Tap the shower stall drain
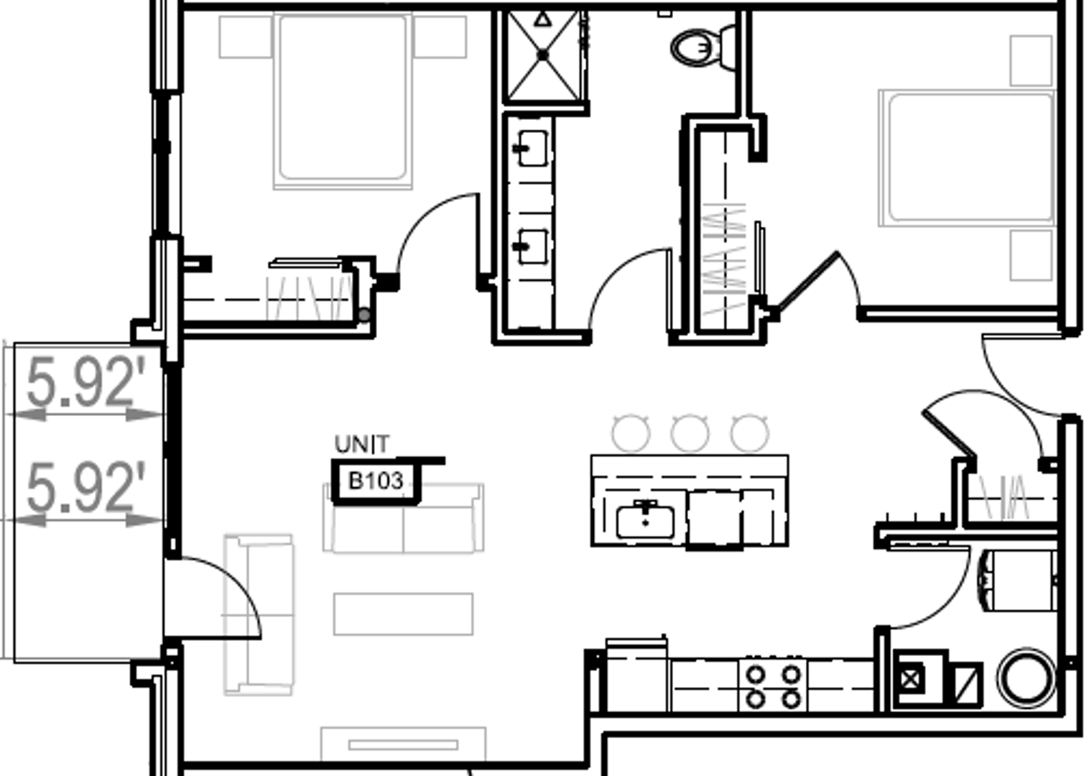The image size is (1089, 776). pyautogui.click(x=543, y=55)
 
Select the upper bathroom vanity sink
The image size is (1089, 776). pyautogui.click(x=532, y=148)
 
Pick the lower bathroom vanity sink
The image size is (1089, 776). pyautogui.click(x=532, y=246)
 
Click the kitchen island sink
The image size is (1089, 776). pyautogui.click(x=644, y=521)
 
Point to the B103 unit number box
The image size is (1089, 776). pyautogui.click(x=375, y=481)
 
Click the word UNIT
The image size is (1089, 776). pyautogui.click(x=362, y=445)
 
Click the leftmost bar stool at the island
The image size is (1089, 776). pyautogui.click(x=631, y=433)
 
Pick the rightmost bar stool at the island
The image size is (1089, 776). pyautogui.click(x=749, y=433)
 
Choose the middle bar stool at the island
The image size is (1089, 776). pyautogui.click(x=690, y=433)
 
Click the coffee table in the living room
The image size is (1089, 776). pyautogui.click(x=403, y=614)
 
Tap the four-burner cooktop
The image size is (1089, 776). pyautogui.click(x=772, y=686)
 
